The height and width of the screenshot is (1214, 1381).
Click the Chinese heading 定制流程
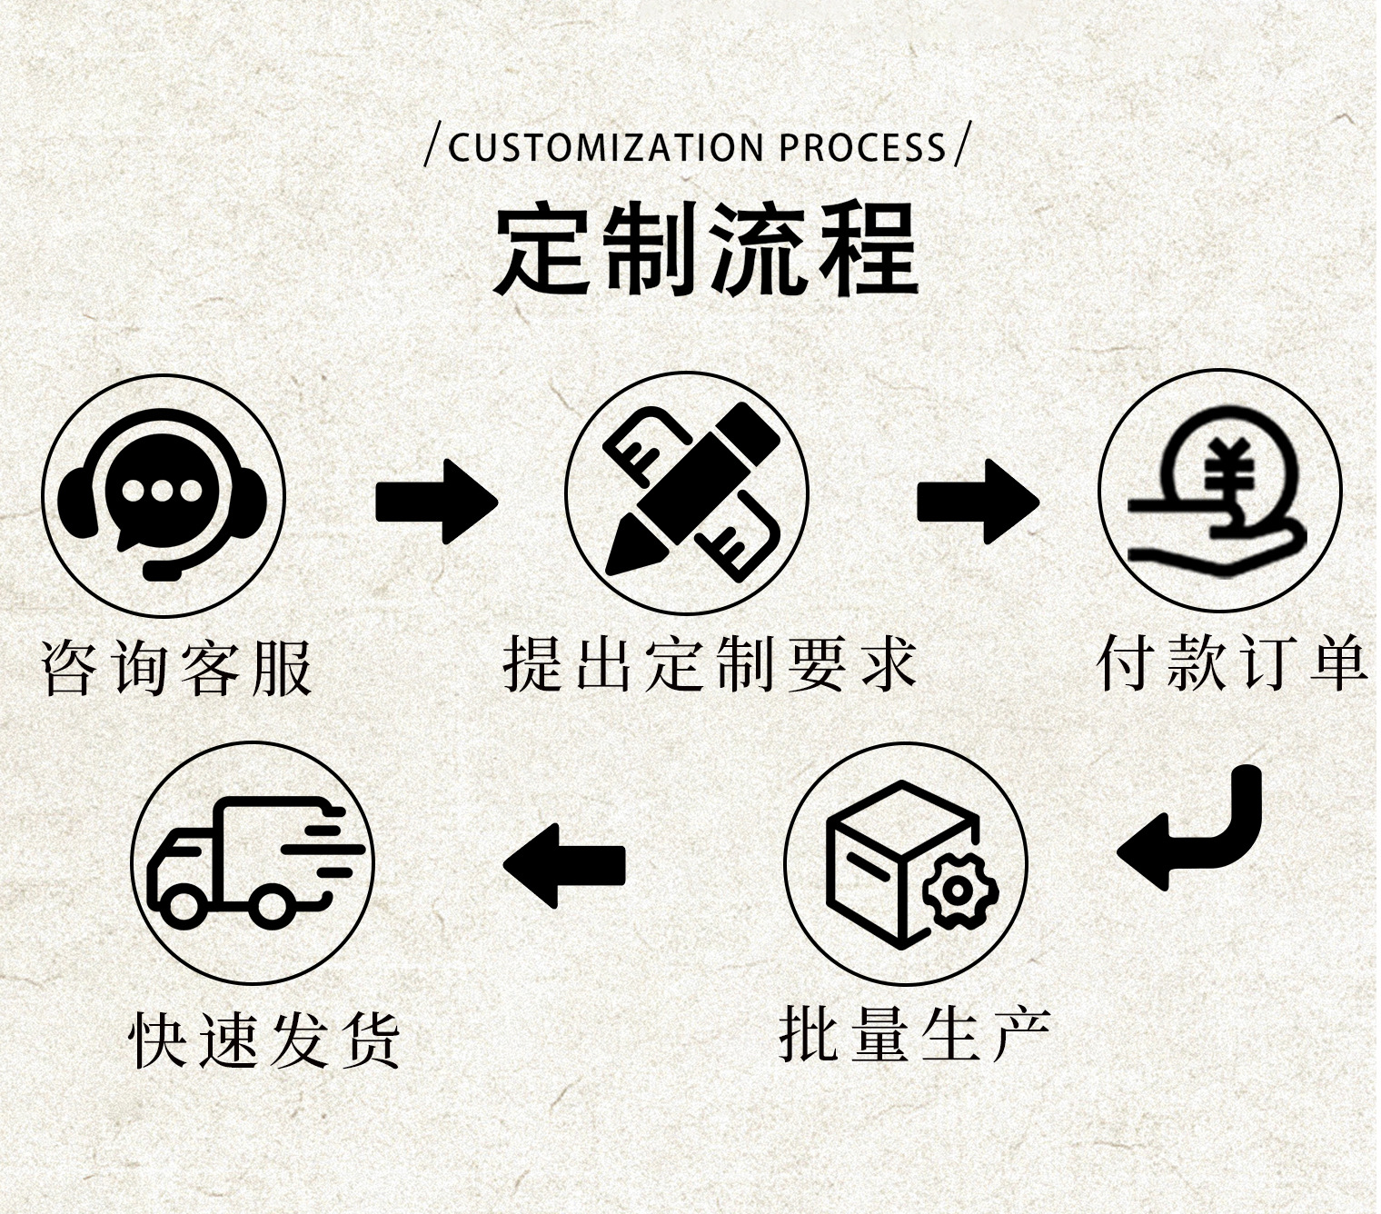click(x=706, y=249)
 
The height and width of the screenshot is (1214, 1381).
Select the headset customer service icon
click(x=164, y=496)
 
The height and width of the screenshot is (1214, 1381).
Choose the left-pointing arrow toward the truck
click(x=564, y=865)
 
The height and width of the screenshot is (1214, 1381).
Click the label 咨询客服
click(x=178, y=668)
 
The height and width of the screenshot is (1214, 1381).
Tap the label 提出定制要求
click(x=710, y=664)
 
